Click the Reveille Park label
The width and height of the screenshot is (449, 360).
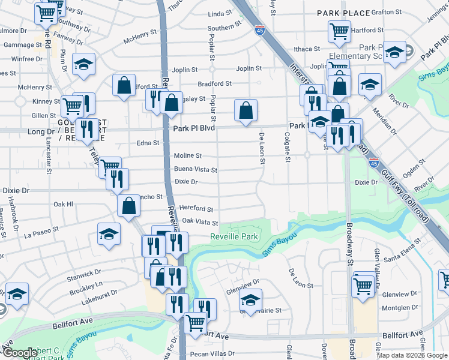click(x=234, y=237)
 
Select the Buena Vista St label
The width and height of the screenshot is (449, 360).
click(x=195, y=170)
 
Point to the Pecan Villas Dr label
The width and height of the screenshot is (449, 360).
click(x=214, y=354)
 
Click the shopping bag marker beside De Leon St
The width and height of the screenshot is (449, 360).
click(x=246, y=111)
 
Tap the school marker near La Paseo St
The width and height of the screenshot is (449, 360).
click(x=109, y=235)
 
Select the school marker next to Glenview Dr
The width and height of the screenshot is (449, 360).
click(x=251, y=300)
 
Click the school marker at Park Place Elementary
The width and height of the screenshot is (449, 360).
click(x=394, y=53)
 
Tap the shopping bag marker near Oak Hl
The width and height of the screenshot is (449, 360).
click(x=129, y=206)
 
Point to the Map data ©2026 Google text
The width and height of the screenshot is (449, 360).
click(x=412, y=355)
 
